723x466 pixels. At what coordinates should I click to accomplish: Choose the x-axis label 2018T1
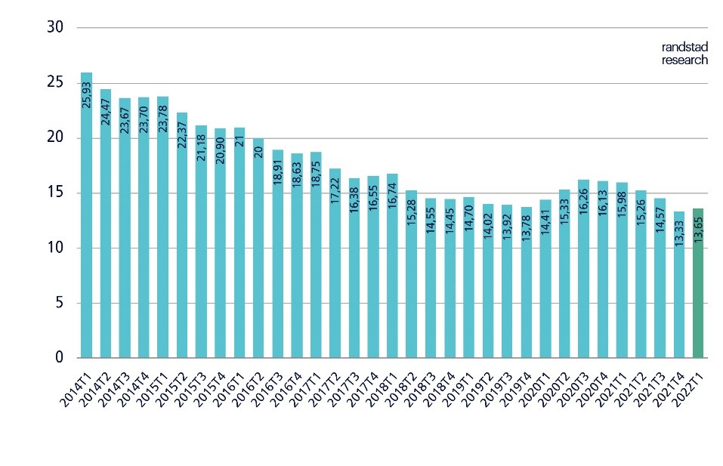[x=379, y=387]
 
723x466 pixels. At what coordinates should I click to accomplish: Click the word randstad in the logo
[x=684, y=48]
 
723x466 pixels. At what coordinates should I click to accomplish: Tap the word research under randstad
[x=684, y=60]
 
